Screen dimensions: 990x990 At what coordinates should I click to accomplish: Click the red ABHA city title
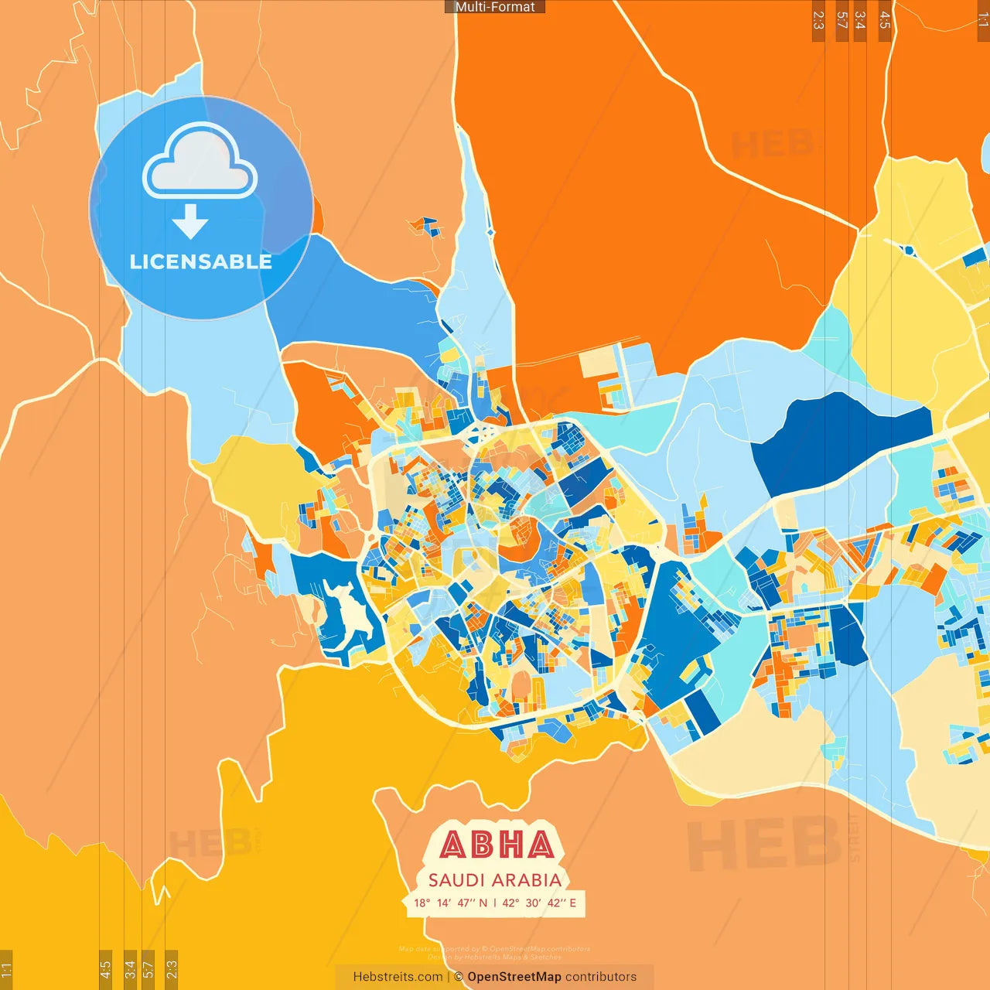click(x=497, y=845)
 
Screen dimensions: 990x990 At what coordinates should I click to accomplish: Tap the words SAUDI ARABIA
click(x=495, y=880)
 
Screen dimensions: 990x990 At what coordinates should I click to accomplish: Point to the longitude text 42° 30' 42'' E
click(x=539, y=903)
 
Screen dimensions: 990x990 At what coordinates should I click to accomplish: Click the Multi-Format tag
click(x=495, y=7)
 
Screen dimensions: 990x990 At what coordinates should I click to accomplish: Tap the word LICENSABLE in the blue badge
click(x=200, y=261)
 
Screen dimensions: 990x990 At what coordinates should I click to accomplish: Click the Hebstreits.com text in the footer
click(x=398, y=977)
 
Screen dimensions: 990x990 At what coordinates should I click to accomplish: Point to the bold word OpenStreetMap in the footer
click(x=514, y=977)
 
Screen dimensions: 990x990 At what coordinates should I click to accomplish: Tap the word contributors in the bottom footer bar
click(x=601, y=977)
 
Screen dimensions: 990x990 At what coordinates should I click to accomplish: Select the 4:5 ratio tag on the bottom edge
click(x=106, y=969)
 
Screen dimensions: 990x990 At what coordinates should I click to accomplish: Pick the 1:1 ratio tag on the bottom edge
click(x=6, y=969)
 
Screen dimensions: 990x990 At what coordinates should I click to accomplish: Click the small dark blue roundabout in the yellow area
click(x=908, y=250)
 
